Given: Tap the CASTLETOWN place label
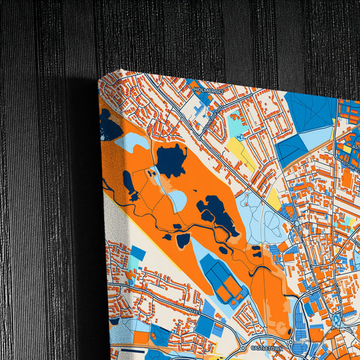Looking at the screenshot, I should tap(265, 348).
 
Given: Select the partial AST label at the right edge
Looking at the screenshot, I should tap(355, 145).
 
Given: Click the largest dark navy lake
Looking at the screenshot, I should tap(172, 159).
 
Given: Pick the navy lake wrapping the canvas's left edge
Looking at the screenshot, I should tap(109, 125).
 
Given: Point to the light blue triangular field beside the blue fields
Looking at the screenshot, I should tap(315, 138).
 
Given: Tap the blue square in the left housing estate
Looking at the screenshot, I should tap(137, 254).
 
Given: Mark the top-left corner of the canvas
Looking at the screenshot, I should tap(100, 80).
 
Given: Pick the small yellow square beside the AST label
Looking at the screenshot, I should tap(347, 148).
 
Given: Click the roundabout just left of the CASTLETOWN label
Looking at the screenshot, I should tap(238, 351).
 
